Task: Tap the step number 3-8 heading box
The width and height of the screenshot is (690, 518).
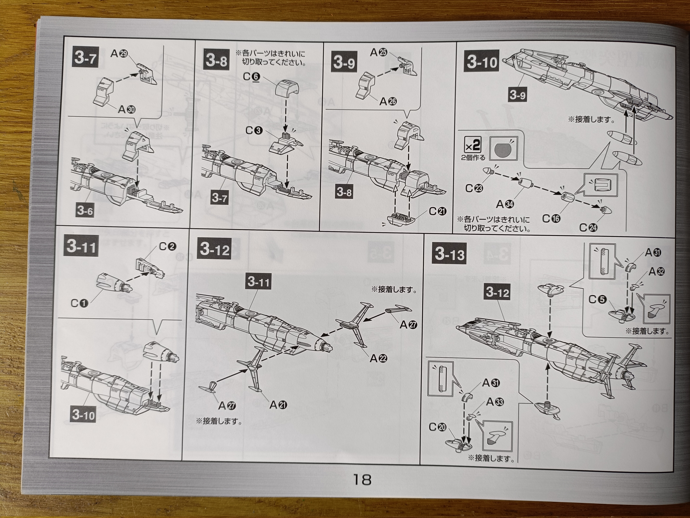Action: click(x=216, y=60)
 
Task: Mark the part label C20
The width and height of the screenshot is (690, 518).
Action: click(x=438, y=427)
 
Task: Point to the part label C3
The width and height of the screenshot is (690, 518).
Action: click(x=254, y=130)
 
